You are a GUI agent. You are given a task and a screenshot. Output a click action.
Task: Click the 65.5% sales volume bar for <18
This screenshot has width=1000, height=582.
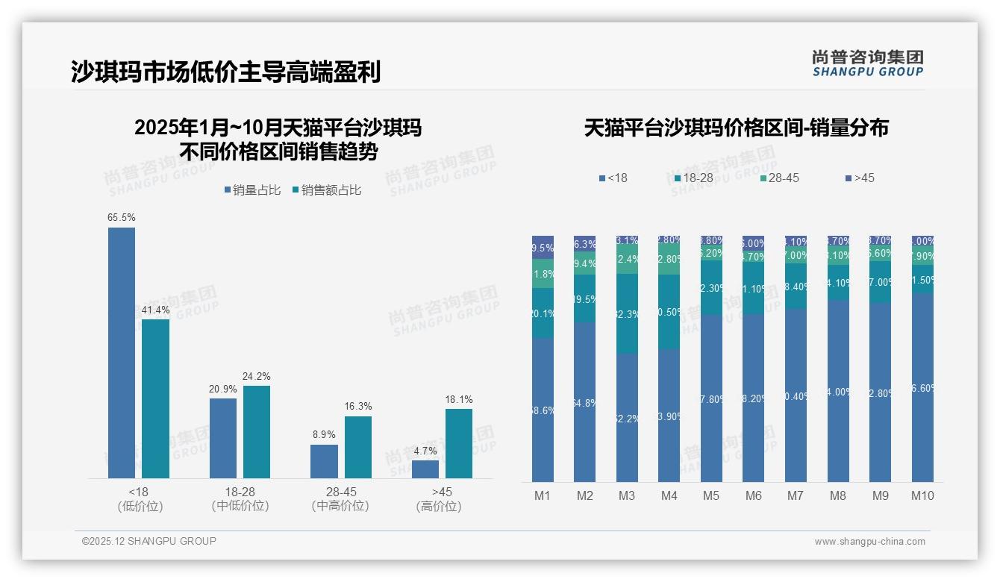point(122,352)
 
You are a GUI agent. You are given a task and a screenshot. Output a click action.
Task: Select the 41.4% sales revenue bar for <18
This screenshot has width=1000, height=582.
point(155,398)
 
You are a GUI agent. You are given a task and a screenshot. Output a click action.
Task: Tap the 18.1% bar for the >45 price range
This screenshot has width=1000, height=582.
point(459,443)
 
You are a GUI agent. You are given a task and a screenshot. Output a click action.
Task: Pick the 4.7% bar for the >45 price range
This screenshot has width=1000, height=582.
point(425,469)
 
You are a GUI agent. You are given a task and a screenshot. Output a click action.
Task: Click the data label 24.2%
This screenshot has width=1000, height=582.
point(256,376)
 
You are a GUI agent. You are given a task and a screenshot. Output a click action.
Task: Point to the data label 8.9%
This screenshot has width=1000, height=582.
point(324,434)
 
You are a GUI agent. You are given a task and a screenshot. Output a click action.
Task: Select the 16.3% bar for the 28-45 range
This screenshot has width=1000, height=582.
point(358,447)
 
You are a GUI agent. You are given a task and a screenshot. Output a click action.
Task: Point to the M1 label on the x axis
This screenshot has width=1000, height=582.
point(543,495)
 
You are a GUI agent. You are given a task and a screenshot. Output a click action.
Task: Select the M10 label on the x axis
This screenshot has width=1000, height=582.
point(922,495)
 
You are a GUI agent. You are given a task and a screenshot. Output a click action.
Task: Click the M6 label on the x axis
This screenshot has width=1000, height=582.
point(753,495)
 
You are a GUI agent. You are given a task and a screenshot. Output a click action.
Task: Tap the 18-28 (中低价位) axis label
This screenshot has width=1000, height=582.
point(240,498)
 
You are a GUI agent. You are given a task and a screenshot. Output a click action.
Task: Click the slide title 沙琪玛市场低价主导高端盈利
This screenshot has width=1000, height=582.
point(226,72)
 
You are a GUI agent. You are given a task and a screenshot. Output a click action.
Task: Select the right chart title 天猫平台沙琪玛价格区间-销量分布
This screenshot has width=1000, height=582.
point(736,128)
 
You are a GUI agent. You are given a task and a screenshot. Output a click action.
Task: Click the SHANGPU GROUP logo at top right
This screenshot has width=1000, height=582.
point(867,63)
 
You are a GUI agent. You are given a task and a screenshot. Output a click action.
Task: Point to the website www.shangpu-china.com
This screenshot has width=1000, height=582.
point(869,542)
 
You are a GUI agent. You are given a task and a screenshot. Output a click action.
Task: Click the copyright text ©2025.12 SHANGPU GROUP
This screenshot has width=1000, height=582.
point(149,541)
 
